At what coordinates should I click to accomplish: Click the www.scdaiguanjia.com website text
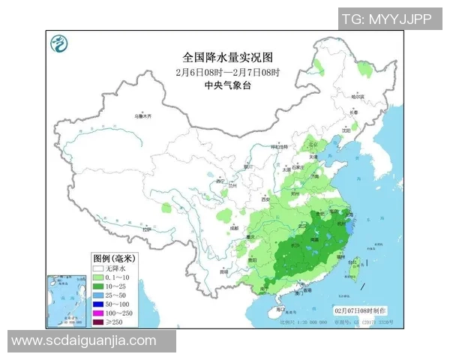84,340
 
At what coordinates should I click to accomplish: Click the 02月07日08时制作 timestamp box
361,310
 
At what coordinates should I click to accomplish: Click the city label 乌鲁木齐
142,116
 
